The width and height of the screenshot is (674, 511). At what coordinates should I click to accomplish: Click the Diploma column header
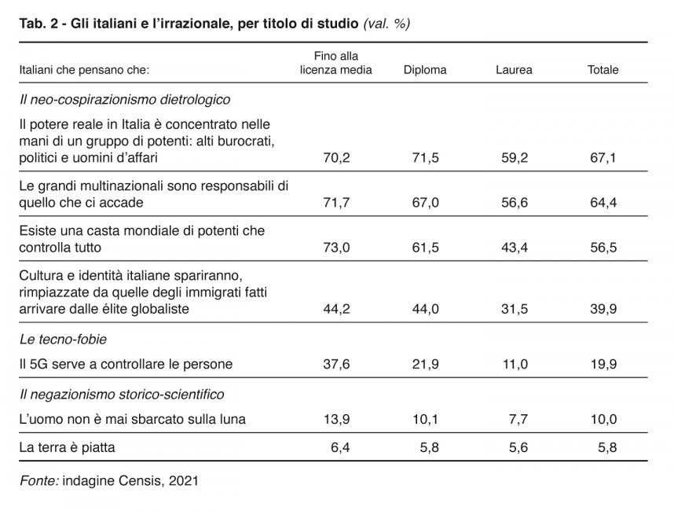coord(425,70)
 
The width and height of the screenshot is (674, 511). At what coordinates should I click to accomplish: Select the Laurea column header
coord(514,70)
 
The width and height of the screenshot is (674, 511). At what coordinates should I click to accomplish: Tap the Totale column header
coord(603,70)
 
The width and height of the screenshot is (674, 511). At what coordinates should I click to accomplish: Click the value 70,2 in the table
coord(336,158)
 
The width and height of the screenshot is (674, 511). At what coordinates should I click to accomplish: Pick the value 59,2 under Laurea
coord(514,158)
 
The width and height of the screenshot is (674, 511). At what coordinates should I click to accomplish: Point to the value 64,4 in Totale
coord(603,203)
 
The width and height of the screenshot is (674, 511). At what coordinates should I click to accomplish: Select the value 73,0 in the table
coord(336,248)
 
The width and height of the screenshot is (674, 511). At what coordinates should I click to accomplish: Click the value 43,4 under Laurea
coord(514,248)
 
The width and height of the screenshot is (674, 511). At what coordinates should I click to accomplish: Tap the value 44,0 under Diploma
coord(425,309)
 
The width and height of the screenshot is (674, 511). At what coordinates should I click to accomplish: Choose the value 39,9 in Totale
coord(603,309)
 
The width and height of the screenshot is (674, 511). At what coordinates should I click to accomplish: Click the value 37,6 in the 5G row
coord(336,364)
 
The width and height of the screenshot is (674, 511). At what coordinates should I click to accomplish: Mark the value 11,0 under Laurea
coord(514,364)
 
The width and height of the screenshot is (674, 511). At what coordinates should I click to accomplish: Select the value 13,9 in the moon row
coord(336,419)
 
